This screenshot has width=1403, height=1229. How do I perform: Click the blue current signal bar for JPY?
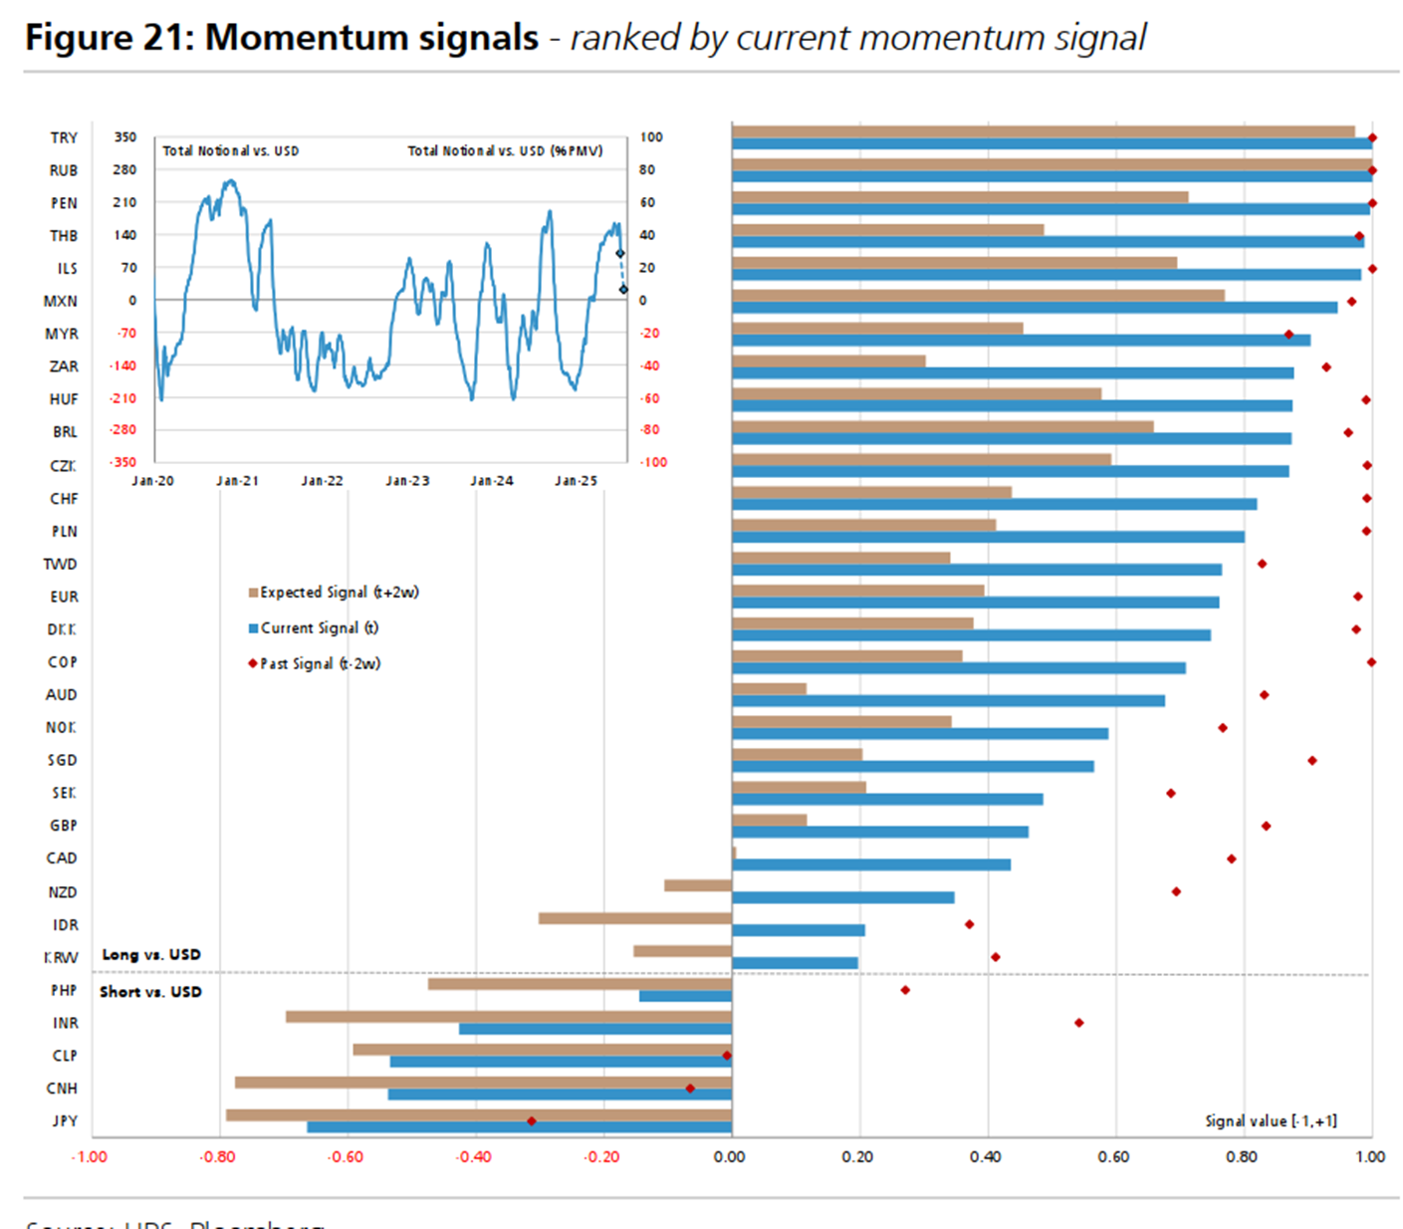point(518,1127)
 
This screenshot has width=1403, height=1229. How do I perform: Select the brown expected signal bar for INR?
point(508,1017)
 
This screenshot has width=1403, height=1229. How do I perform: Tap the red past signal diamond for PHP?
point(905,990)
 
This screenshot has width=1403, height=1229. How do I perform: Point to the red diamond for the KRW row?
point(995,957)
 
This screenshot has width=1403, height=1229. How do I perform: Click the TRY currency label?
point(64,137)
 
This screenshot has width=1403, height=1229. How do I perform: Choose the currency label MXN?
point(61,301)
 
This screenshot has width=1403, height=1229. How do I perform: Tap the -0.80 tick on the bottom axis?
point(218,1157)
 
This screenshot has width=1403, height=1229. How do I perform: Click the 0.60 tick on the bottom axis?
point(1114,1157)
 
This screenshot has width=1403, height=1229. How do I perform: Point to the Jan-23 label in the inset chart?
point(407,481)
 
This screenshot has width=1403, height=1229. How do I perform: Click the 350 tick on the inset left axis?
point(124,137)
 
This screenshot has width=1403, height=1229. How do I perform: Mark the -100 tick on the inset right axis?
point(653,462)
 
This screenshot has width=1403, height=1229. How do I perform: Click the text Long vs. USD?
point(151,954)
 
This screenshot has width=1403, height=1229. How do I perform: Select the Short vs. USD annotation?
point(150,992)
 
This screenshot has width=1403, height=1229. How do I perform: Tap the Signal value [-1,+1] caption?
point(1271,1121)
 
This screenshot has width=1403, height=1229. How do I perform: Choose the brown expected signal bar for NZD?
point(698,885)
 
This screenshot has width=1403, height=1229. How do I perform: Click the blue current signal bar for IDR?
point(798,930)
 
